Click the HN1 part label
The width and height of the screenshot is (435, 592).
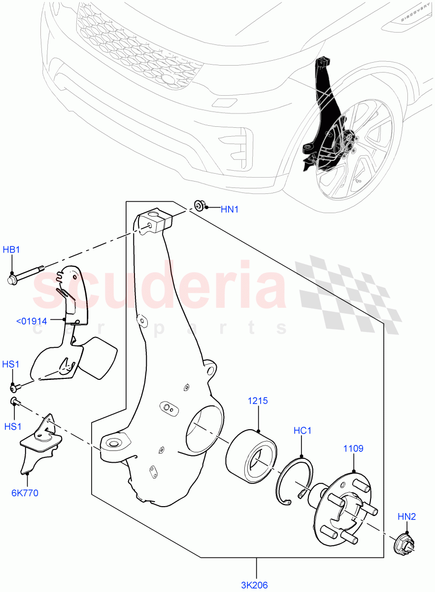pos(229,209)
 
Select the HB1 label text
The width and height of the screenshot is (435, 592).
pos(12,250)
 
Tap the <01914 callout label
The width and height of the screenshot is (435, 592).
pos(32,321)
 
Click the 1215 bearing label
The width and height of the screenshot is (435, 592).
pos(258,401)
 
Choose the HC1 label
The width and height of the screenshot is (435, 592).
pos(302,431)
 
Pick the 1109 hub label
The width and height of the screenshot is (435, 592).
pos(353,448)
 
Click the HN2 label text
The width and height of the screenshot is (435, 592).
pos(407,517)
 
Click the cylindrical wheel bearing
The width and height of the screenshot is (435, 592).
pos(251,453)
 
